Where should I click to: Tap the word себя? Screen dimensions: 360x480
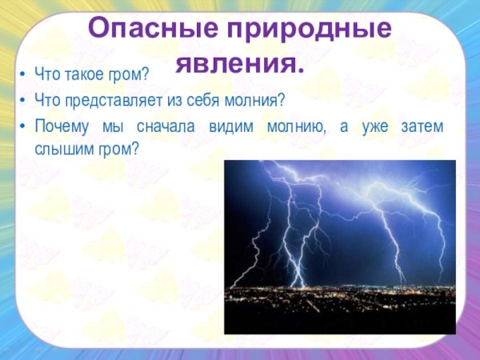pyautogui.click(x=207, y=101)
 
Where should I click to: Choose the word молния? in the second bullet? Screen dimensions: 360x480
pyautogui.click(x=257, y=101)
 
